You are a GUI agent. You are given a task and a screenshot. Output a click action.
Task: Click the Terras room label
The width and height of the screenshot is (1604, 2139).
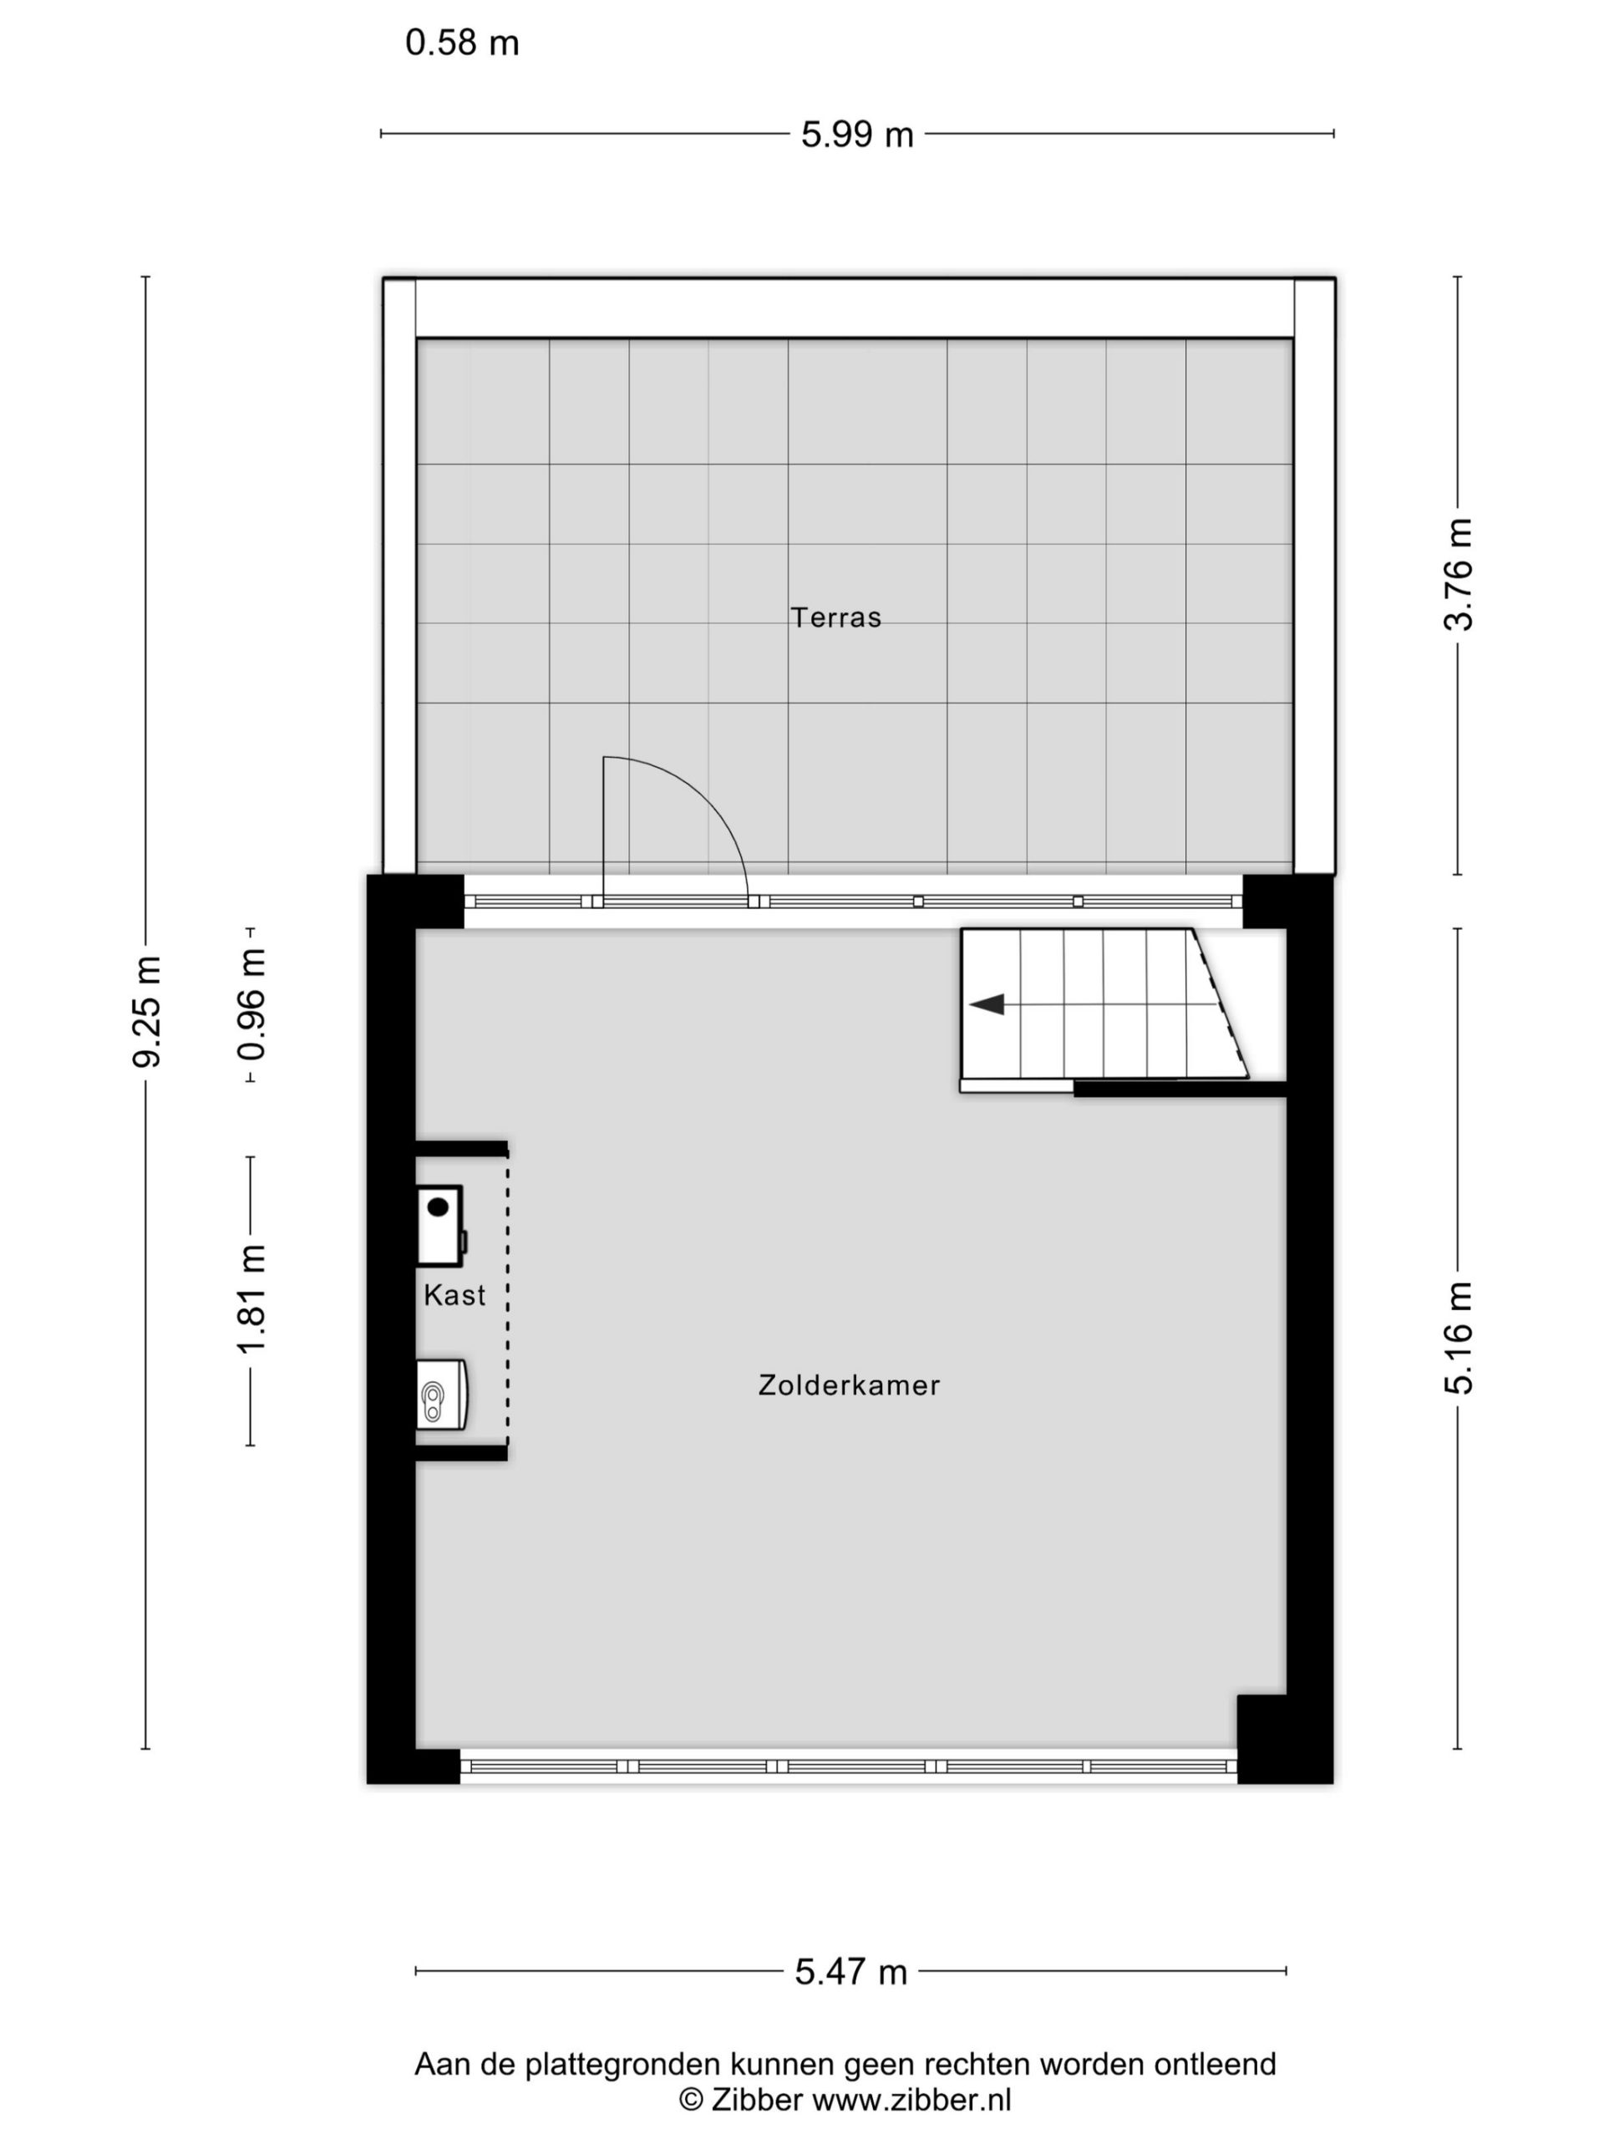(x=835, y=618)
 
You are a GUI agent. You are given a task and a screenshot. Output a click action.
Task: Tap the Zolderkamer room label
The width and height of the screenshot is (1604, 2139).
(x=849, y=1385)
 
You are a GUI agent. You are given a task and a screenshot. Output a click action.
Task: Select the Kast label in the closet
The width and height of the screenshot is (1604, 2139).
(x=454, y=1295)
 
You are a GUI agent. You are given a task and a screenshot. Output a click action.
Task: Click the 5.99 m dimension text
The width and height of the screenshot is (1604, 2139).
(x=856, y=135)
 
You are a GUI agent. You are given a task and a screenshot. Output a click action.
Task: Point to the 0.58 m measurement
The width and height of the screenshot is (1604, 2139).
(x=462, y=43)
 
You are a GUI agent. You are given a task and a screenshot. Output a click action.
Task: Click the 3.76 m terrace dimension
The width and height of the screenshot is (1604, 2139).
(x=1458, y=574)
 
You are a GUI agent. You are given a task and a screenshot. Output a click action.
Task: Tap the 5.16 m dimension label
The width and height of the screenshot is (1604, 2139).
(x=1458, y=1339)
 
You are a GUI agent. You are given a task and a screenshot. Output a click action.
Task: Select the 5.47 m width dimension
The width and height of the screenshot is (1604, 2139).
(x=850, y=1972)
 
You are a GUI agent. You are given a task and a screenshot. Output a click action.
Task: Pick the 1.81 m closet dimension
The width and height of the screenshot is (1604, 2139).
(x=251, y=1298)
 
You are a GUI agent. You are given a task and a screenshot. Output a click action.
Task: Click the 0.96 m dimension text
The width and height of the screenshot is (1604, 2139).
(x=251, y=1004)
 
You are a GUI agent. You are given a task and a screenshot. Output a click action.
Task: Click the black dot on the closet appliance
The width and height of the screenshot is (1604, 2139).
(x=438, y=1207)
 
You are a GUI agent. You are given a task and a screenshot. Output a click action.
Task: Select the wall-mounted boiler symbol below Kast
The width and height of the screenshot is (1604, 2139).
(x=443, y=1394)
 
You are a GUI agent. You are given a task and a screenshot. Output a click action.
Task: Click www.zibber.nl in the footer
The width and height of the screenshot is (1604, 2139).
(x=911, y=2101)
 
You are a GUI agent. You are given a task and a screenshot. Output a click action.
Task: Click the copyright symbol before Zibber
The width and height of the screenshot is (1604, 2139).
(x=691, y=2101)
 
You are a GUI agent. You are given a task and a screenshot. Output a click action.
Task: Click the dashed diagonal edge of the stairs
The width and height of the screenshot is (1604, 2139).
(x=1221, y=1003)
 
